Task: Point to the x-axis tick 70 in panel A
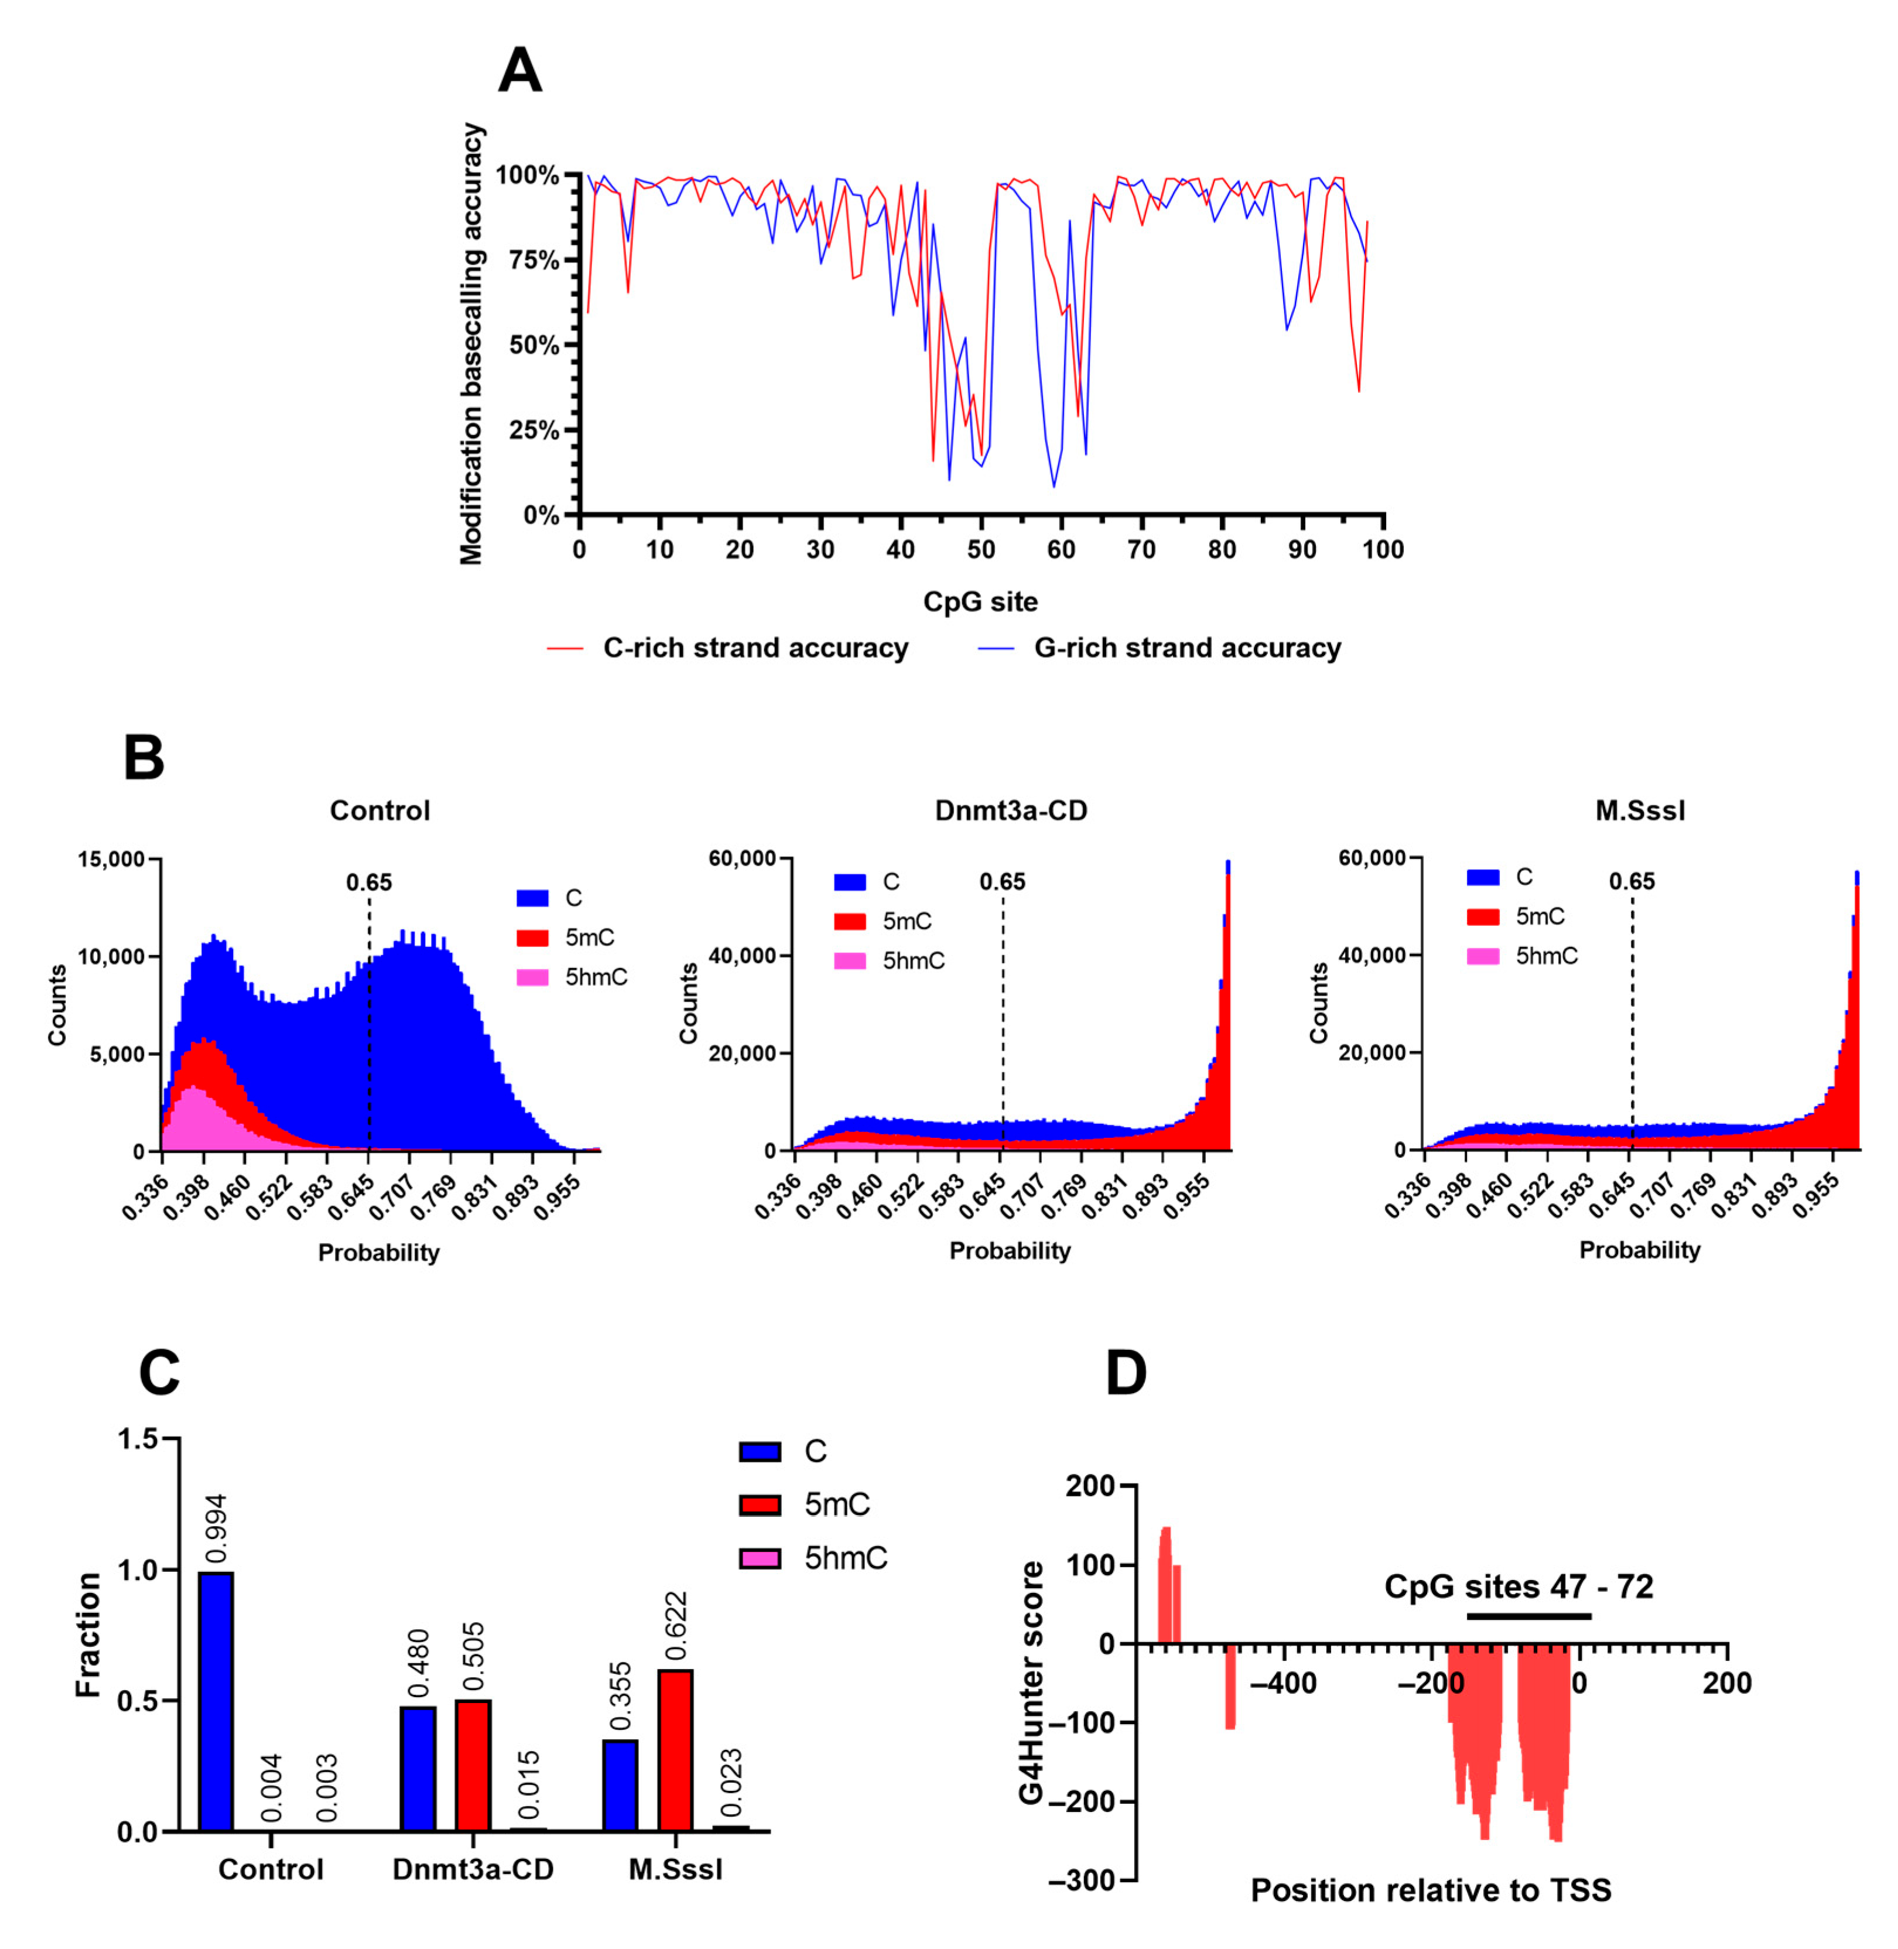coord(1141,549)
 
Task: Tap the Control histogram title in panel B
coord(380,811)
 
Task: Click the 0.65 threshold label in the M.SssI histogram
coord(1632,881)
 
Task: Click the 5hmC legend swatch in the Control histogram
coord(532,977)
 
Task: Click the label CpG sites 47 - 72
coord(1518,1586)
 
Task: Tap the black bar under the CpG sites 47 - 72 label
coord(1528,1616)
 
